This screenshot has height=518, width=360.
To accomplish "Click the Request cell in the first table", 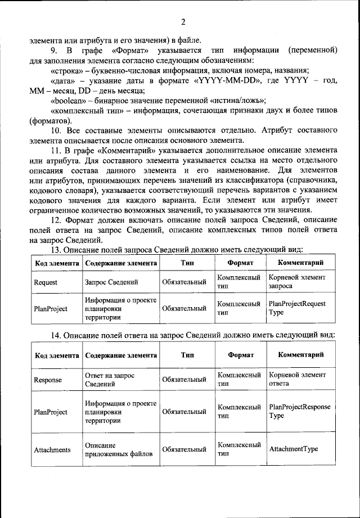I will pyautogui.click(x=46, y=282).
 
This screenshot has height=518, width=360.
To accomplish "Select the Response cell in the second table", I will pyautogui.click(x=48, y=380).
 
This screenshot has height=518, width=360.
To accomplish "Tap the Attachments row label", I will pyautogui.click(x=52, y=450).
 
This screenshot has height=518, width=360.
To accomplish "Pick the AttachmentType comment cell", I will pyautogui.click(x=294, y=449).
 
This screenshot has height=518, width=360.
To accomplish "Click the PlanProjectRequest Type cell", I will pyautogui.click(x=297, y=308).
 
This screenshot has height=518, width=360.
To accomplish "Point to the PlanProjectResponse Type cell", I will pyautogui.click(x=299, y=411).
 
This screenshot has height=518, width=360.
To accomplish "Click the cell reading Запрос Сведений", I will pyautogui.click(x=111, y=282).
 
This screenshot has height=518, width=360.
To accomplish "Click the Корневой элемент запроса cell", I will pyautogui.click(x=297, y=282).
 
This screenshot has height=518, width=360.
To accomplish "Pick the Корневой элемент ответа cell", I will pyautogui.click(x=297, y=379).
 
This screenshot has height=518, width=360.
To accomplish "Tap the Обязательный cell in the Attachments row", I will pyautogui.click(x=184, y=450).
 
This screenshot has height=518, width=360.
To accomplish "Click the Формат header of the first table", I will pyautogui.click(x=240, y=263).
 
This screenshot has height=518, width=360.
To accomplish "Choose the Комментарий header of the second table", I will pyautogui.click(x=300, y=354).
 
